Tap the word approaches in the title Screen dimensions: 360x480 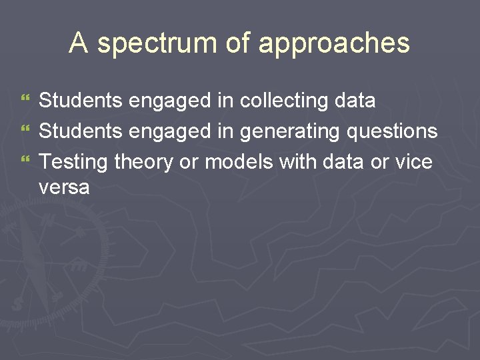coord(334,44)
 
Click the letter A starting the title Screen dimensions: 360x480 coord(79,43)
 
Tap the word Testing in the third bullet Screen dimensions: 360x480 coord(74,162)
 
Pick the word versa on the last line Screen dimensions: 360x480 coord(64,187)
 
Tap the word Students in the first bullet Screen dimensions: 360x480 coord(81,101)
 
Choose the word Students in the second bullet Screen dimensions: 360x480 coord(81,131)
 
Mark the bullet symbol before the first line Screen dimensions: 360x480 coord(26,101)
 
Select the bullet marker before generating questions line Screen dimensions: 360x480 coord(26,131)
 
